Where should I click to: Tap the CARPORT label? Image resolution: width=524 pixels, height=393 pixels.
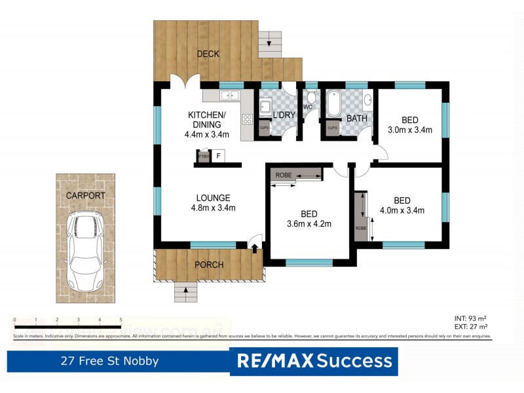click(x=85, y=195)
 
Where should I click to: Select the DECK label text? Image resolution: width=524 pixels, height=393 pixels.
click(x=208, y=54)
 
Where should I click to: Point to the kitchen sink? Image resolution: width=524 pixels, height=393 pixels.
click(x=229, y=96)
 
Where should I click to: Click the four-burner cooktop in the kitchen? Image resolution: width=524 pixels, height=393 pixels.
click(x=248, y=119)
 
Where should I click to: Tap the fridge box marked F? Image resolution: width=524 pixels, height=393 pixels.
click(x=219, y=156)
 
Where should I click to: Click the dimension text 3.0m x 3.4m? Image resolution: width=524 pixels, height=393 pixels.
click(x=410, y=130)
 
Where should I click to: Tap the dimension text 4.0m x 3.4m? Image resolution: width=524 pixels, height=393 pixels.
click(x=402, y=210)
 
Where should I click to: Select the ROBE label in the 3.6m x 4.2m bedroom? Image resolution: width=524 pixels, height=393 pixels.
click(x=284, y=175)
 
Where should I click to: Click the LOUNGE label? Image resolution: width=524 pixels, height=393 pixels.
click(x=213, y=198)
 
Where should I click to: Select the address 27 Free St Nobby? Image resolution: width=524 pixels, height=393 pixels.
click(x=109, y=361)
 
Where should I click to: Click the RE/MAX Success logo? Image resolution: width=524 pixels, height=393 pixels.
click(x=314, y=361)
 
